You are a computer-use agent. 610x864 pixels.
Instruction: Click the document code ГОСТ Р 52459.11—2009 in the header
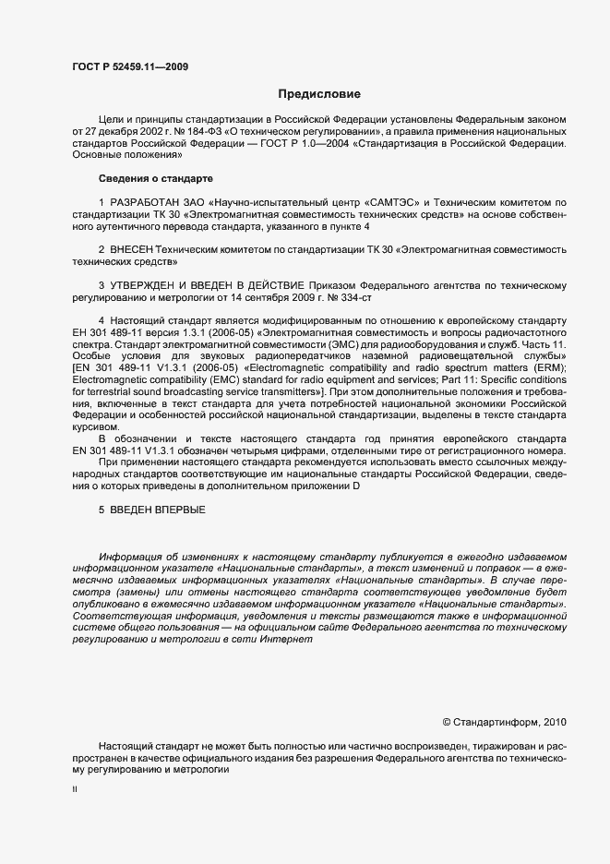coord(131,66)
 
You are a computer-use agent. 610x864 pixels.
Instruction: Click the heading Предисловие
coord(319,93)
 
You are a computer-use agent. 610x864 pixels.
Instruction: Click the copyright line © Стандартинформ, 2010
coord(505,722)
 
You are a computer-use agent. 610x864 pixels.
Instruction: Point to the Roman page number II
coord(75,788)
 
